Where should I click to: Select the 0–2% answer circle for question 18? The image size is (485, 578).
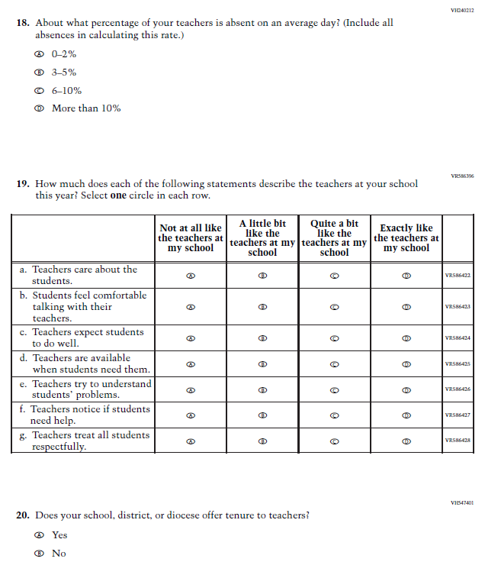tap(38, 55)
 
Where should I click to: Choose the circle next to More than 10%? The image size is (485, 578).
tap(38, 108)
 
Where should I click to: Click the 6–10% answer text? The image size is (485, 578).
tap(66, 91)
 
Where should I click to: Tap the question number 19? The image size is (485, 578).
tap(23, 184)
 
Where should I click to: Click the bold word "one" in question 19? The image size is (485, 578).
tap(118, 195)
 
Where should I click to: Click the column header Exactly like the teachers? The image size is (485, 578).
tap(406, 237)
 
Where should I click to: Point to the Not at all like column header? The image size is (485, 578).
tap(191, 237)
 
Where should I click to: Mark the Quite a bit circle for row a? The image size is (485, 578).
tap(334, 276)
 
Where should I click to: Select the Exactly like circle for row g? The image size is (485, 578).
tap(406, 441)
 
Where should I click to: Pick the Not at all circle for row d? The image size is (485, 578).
tap(191, 364)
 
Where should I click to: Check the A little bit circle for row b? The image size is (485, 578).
tap(262, 307)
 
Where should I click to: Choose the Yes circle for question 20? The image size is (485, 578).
tap(38, 535)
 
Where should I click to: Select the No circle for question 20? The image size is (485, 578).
tap(38, 554)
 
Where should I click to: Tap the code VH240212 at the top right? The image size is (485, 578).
tap(462, 9)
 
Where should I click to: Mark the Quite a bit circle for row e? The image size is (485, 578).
tap(334, 389)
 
